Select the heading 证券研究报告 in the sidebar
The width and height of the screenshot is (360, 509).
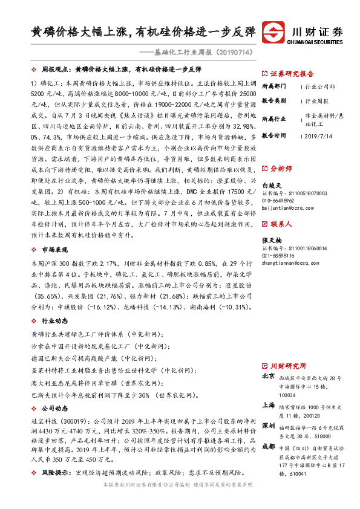click(290, 71)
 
